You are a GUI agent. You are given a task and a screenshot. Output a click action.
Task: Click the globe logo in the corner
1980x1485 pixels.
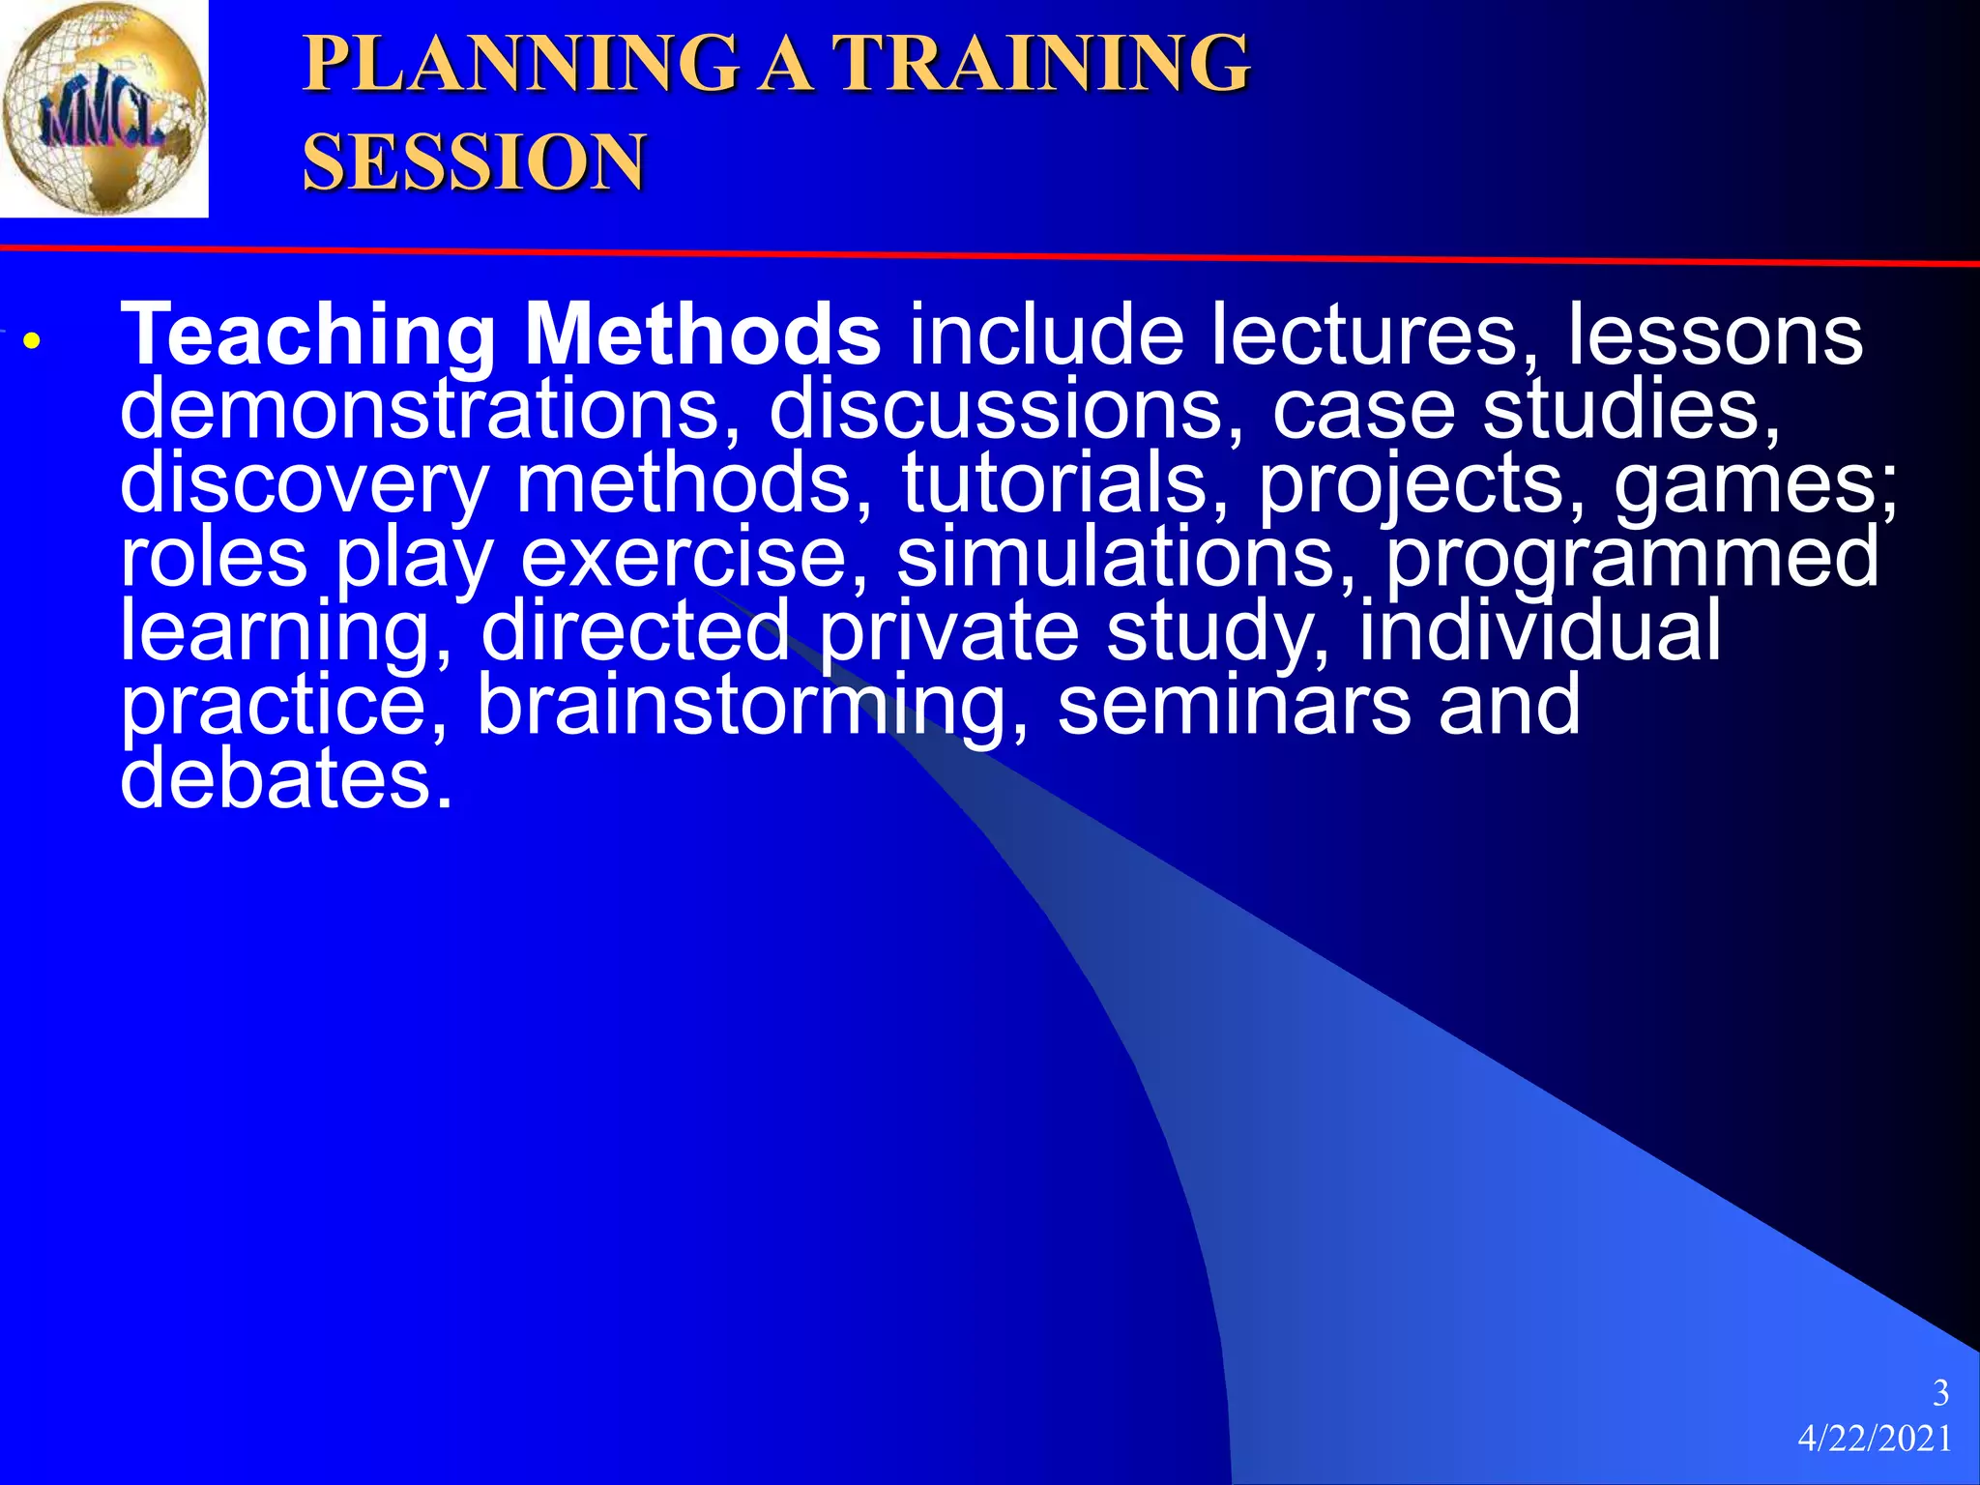(103, 108)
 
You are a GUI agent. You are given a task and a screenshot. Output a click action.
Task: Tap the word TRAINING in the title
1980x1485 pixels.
(1042, 64)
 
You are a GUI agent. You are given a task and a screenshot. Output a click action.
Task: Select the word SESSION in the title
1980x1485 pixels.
(474, 162)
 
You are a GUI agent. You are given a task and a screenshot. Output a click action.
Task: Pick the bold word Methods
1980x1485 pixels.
(702, 335)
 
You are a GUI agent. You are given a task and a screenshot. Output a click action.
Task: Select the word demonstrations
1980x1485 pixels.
(431, 410)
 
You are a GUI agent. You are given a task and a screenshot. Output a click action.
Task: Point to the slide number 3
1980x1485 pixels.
(1939, 1393)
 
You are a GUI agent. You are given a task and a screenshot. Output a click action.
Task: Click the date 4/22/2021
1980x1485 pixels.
(1875, 1440)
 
